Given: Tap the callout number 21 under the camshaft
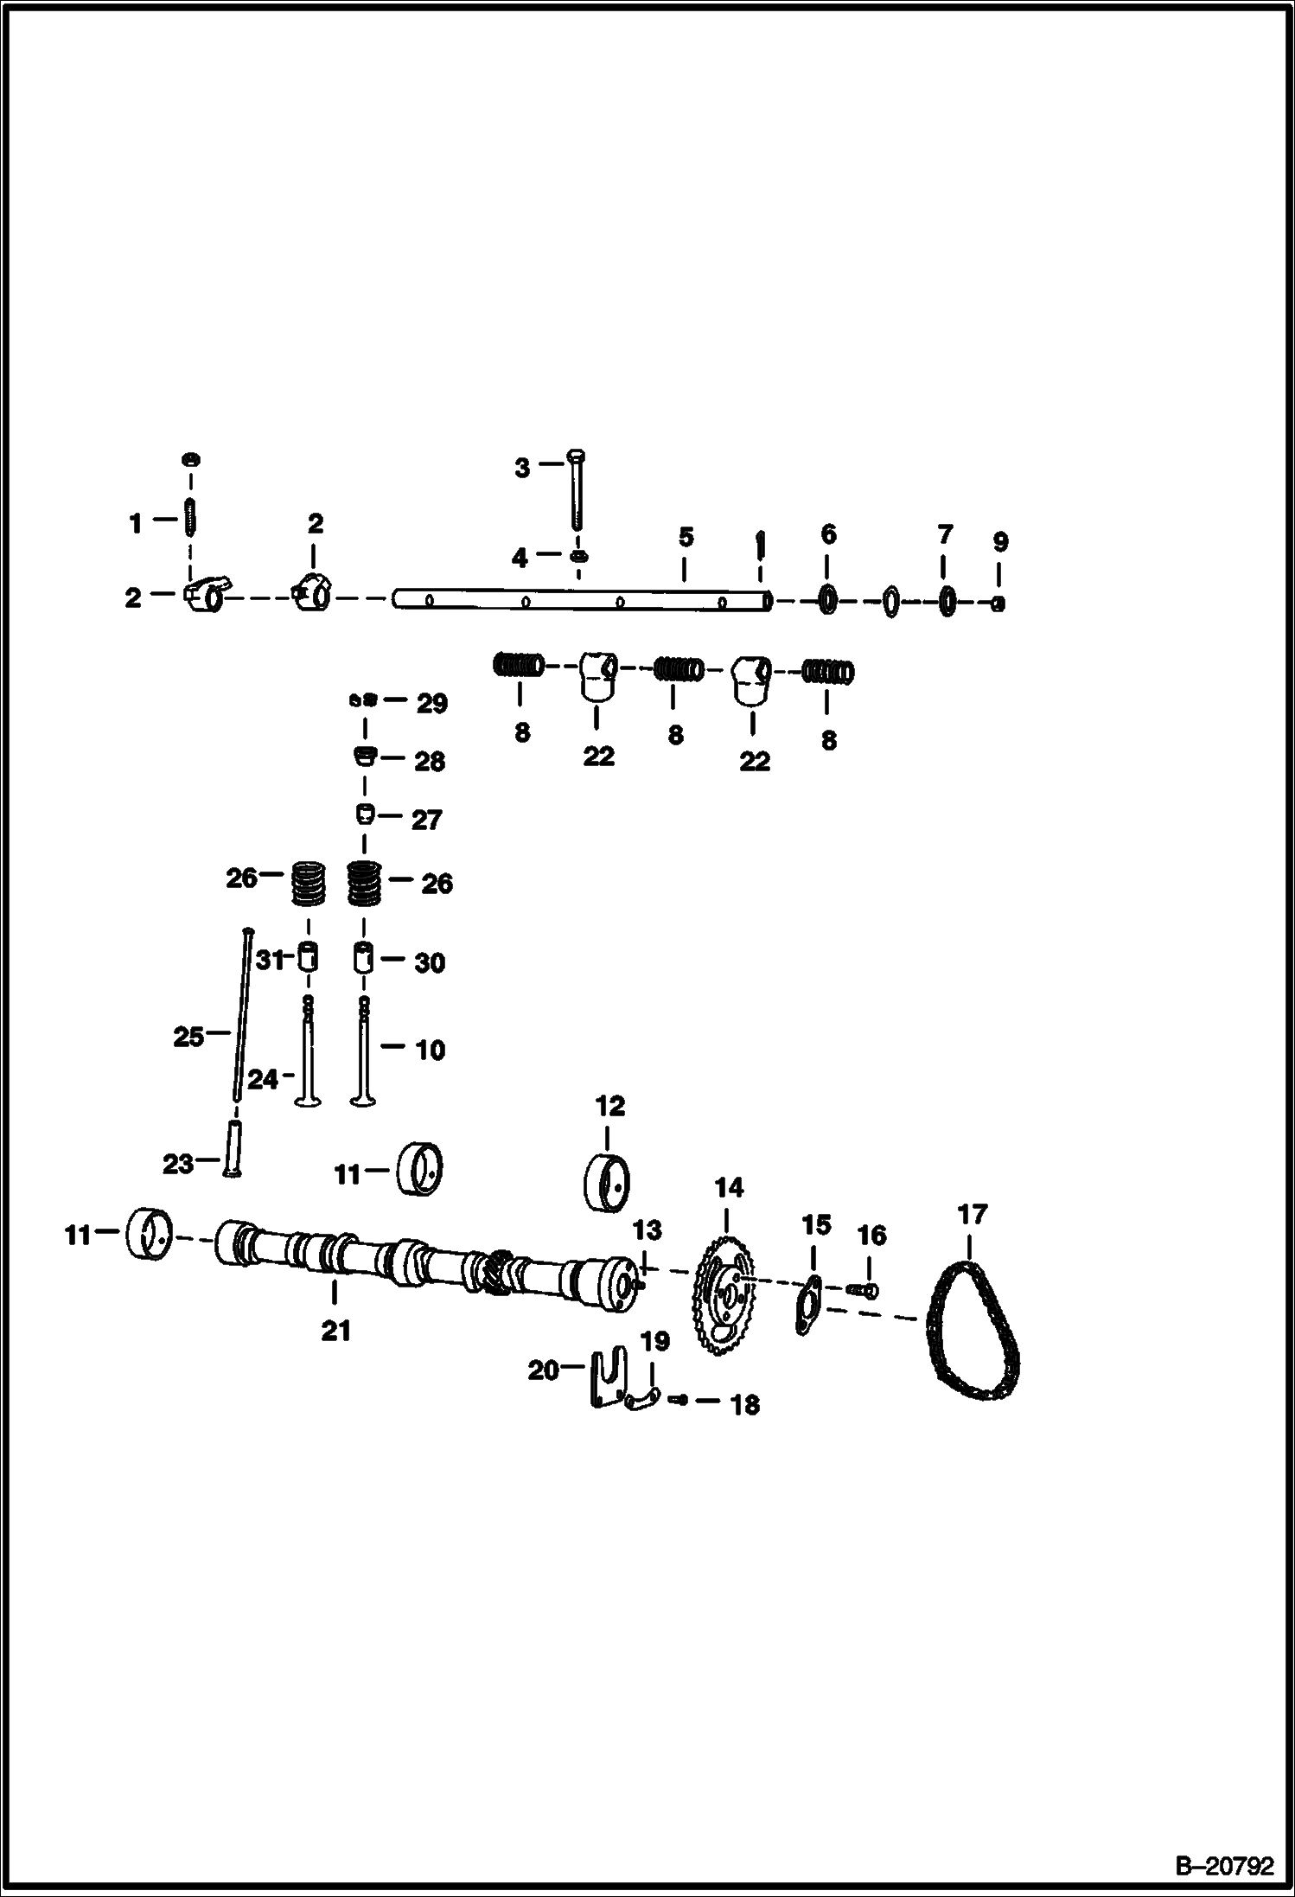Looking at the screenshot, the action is point(335,1330).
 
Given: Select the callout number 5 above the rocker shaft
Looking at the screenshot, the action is point(686,537).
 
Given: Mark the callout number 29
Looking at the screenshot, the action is point(432,704).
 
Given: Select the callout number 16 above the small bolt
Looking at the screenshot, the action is point(872,1236).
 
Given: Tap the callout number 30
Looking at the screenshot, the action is point(430,962).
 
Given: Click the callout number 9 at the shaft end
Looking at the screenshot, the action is point(999,542).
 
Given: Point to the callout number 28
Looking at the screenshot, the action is point(430,762).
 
